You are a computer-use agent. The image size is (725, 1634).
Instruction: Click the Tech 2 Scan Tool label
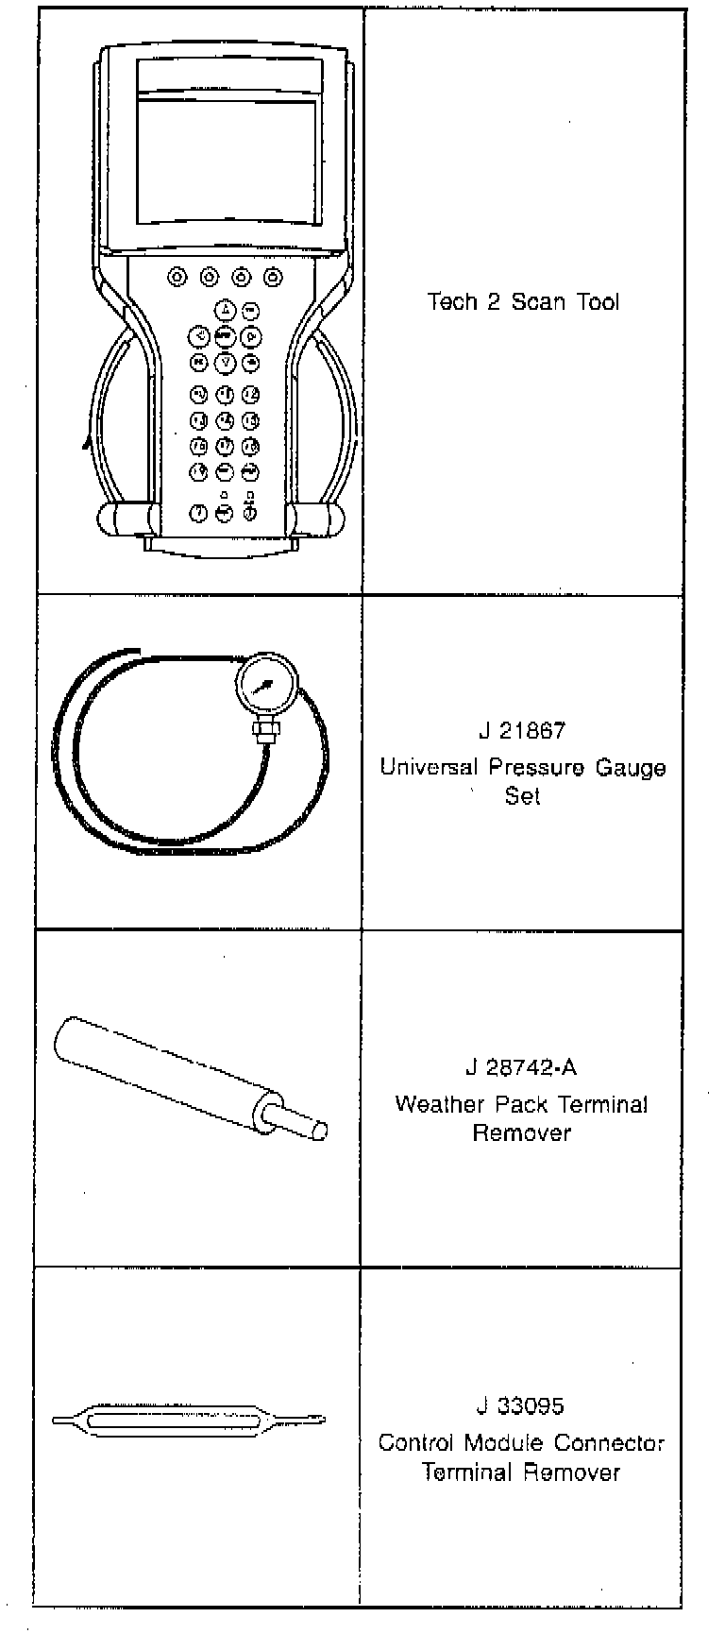point(523,302)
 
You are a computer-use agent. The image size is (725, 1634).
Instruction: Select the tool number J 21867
point(522,731)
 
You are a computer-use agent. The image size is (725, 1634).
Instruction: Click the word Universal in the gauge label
point(430,767)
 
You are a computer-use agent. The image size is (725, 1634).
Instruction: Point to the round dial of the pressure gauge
point(267,687)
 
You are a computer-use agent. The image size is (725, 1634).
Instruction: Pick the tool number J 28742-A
point(521,1068)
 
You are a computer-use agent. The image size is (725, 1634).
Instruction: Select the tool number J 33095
point(520,1406)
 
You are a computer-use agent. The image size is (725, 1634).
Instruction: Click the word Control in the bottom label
point(416,1443)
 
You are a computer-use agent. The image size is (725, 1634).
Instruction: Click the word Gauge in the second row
point(630,767)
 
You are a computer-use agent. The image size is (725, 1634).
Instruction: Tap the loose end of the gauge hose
point(136,650)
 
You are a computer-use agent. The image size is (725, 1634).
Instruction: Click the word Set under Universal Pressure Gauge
point(522,796)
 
